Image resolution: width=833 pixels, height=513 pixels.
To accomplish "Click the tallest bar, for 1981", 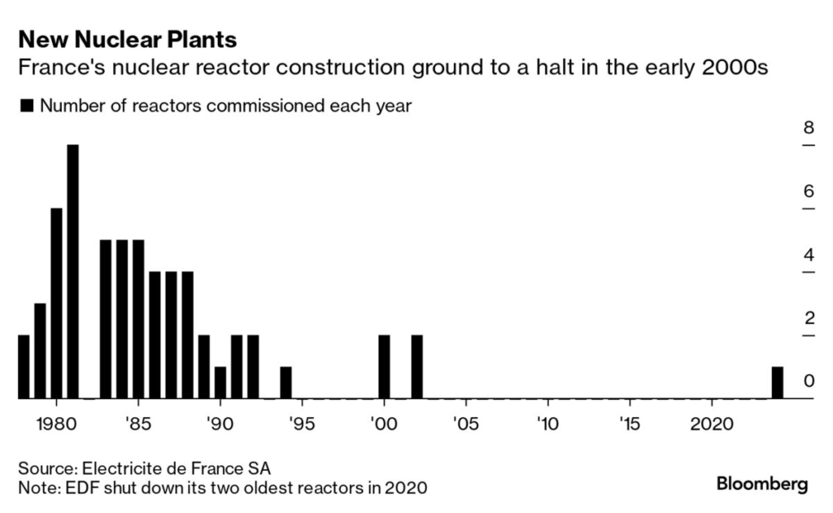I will tap(72, 272).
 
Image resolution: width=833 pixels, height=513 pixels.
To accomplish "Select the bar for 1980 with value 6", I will tap(56, 304).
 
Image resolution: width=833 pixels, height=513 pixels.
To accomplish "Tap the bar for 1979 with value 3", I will tap(40, 351).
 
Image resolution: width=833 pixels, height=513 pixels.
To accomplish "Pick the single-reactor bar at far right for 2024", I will tap(778, 383).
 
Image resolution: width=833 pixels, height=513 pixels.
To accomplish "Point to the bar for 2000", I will tap(384, 367).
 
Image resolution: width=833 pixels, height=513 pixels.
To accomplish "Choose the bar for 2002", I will tap(416, 367).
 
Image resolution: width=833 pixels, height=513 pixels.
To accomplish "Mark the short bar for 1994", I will tap(286, 383).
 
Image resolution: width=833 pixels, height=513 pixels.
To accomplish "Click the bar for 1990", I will tap(220, 383).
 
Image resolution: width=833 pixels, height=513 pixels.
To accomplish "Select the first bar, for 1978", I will tap(24, 367).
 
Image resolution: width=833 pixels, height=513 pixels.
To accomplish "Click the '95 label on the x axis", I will tap(302, 426).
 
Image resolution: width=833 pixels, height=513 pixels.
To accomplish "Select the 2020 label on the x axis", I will tap(712, 426).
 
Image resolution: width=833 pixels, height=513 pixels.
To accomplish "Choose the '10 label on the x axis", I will tap(547, 426).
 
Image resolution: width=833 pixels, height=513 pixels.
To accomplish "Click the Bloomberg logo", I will tap(761, 484).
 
